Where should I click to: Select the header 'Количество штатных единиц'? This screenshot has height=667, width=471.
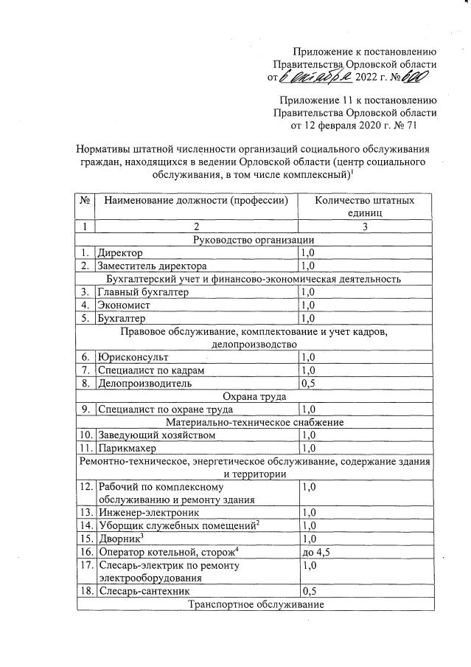(364, 207)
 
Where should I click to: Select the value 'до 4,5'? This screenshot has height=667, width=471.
(315, 551)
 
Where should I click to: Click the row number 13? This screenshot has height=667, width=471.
(86, 512)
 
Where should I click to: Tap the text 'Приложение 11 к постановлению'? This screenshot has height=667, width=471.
(359, 100)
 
